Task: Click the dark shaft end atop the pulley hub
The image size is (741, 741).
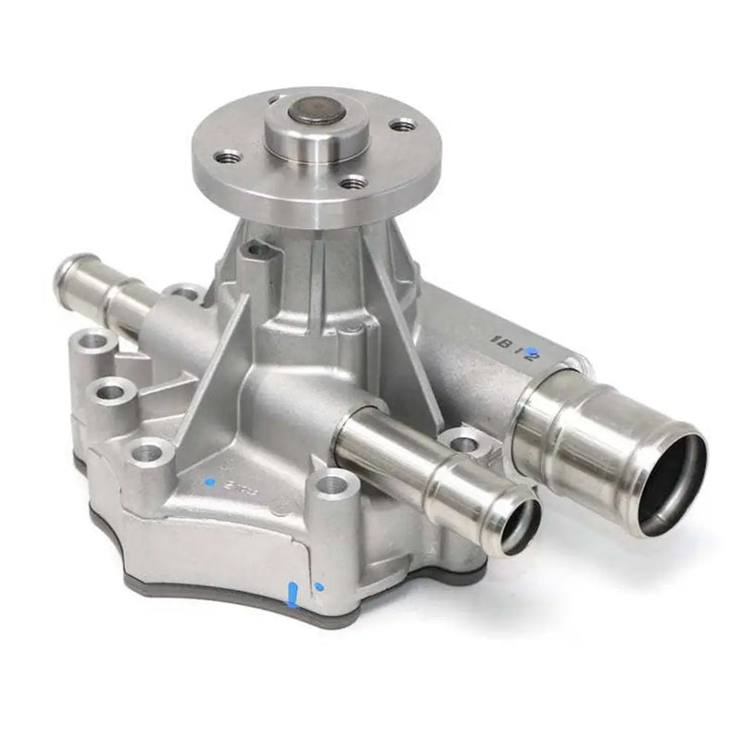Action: point(316,113)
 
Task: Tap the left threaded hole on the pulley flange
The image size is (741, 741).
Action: point(228,157)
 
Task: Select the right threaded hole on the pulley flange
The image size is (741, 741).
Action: point(401,124)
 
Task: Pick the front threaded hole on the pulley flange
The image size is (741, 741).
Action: point(351,182)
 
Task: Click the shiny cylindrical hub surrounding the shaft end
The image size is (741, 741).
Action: point(316,137)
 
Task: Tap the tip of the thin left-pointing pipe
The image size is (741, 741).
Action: point(66,271)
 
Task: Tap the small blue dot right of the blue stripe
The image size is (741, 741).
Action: point(319,586)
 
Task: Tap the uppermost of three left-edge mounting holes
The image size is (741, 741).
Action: point(93,344)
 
